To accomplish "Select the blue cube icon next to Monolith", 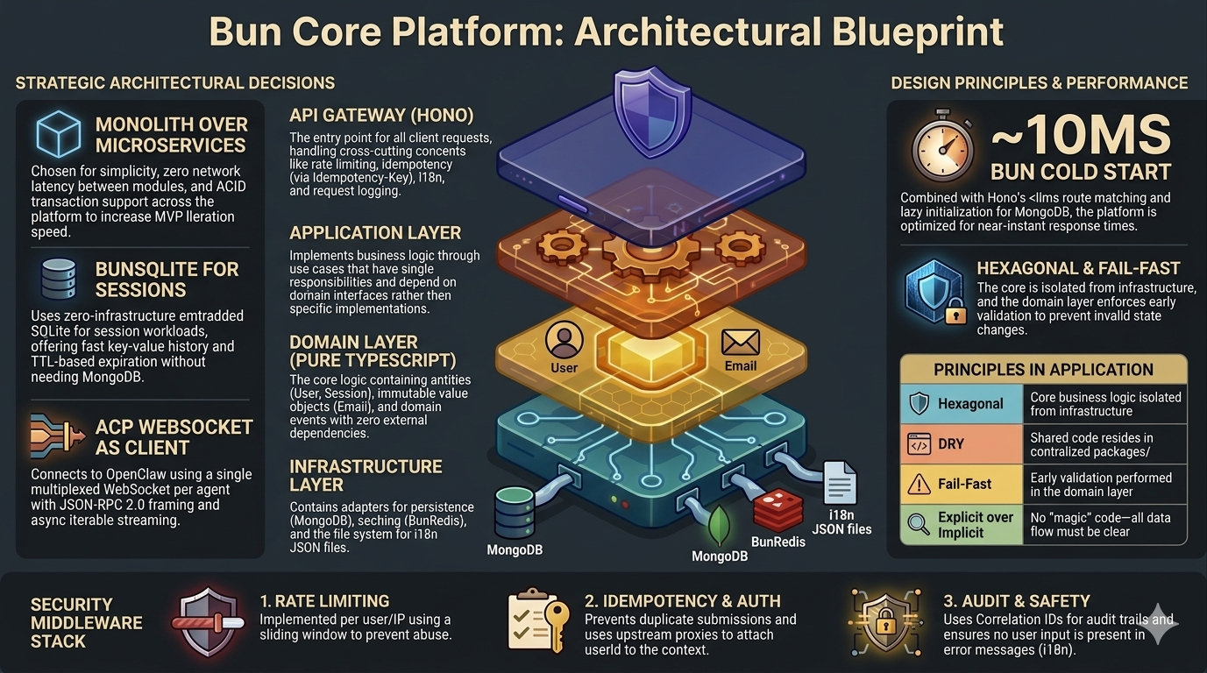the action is click(59, 133).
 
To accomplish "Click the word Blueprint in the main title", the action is click(918, 32).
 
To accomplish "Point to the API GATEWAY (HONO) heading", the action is click(381, 116).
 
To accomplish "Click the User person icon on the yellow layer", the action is click(564, 339).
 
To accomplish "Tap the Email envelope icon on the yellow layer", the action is click(741, 343).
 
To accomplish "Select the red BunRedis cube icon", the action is click(777, 510).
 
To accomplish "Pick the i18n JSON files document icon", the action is click(840, 483).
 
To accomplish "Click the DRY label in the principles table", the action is click(951, 444).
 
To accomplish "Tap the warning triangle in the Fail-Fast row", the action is click(919, 484).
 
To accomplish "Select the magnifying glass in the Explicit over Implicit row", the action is click(919, 524).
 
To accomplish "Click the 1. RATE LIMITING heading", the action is click(324, 601).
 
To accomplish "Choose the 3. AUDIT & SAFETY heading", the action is click(1017, 601).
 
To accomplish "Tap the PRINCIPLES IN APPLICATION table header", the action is click(1044, 370).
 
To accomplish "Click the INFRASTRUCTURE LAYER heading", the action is click(366, 475).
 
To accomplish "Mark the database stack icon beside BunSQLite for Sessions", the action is click(59, 280).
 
